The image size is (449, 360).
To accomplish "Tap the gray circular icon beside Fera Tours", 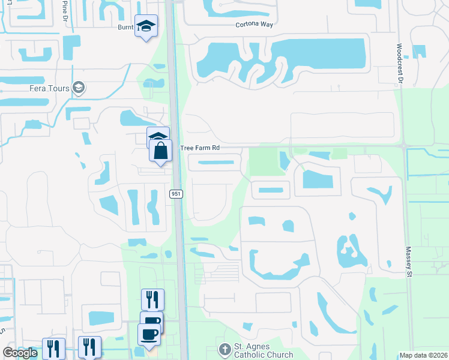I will pos(78,88).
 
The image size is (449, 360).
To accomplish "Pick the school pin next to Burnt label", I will pos(146,26).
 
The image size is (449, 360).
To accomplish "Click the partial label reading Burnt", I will pos(125,26).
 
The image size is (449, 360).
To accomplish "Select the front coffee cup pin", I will pos(149,333).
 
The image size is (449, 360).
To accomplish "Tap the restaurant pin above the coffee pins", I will pos(152,299).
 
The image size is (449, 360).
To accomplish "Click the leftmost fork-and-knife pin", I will pos(53,347).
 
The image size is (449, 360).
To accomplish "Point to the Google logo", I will pos(20,352).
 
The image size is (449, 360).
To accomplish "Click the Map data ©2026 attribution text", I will pos(423,355).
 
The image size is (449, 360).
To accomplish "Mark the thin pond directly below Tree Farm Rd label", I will pos(216,162).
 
